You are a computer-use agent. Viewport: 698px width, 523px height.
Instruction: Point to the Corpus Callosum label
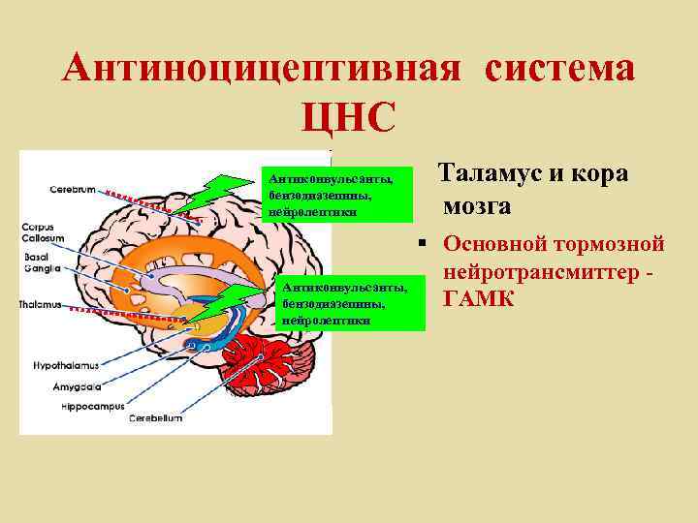click(44, 232)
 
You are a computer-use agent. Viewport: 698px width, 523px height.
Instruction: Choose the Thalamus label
click(40, 304)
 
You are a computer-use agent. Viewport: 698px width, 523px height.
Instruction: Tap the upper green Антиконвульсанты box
click(332, 195)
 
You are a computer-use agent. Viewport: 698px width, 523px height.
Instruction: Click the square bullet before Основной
click(423, 241)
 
